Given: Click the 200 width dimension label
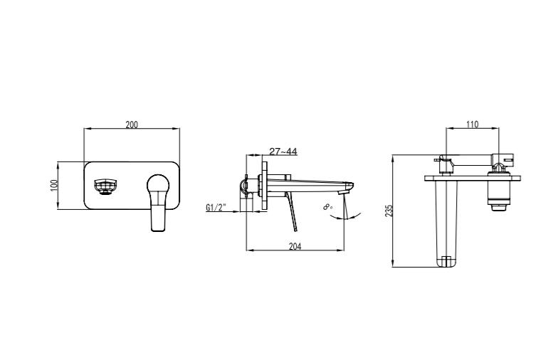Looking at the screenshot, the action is click(132, 125).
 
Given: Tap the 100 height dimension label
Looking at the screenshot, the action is click(54, 185).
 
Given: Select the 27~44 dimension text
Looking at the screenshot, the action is click(283, 152).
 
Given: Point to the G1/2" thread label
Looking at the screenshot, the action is click(216, 208).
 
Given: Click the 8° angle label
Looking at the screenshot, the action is click(328, 207).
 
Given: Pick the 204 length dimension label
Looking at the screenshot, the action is click(295, 246).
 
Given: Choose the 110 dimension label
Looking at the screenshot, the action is click(472, 125).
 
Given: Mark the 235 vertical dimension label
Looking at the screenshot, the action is click(389, 211).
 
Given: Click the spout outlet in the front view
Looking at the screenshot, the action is click(105, 186).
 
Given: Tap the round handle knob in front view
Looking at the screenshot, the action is click(158, 183).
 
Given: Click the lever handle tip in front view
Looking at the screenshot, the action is click(158, 226).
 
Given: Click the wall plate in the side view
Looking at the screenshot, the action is click(264, 186).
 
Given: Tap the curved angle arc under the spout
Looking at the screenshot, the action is click(345, 217).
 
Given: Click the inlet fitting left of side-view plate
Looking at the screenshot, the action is click(246, 186).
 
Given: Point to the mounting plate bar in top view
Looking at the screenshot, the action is click(473, 179).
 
